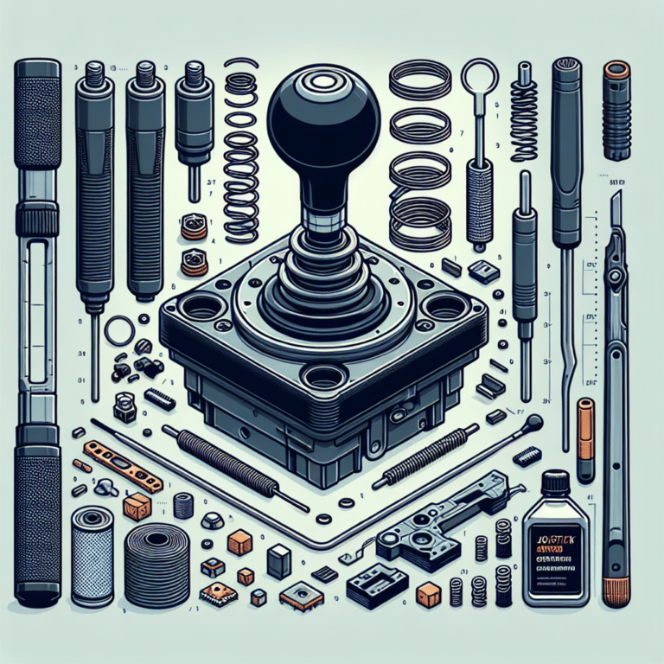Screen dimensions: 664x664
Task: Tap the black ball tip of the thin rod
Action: coord(535,422)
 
